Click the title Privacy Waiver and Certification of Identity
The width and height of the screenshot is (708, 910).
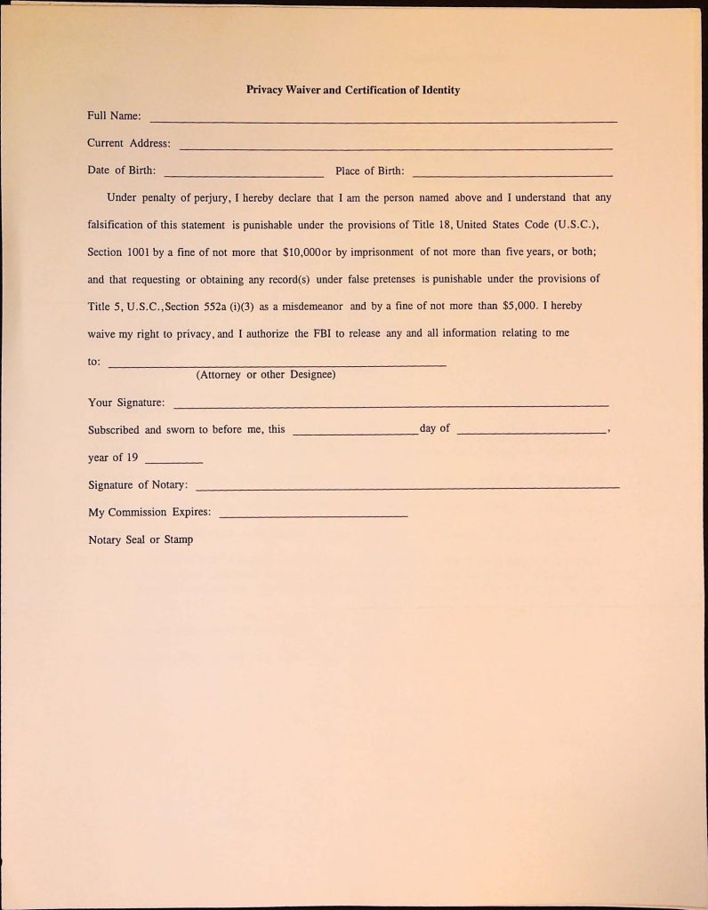click(353, 90)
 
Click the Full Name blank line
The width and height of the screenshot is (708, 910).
click(383, 121)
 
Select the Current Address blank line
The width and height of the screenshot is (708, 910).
click(396, 148)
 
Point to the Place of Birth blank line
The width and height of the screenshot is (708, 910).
click(512, 175)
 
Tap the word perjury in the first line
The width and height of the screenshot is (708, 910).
click(211, 197)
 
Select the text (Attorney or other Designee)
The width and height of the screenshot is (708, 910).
click(266, 374)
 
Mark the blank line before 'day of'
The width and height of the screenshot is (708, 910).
click(354, 434)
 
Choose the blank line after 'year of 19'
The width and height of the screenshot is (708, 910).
click(173, 462)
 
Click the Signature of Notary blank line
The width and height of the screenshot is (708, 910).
click(406, 488)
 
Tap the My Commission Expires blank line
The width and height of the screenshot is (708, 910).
click(313, 516)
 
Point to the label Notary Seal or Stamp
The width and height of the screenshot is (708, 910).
click(141, 539)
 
